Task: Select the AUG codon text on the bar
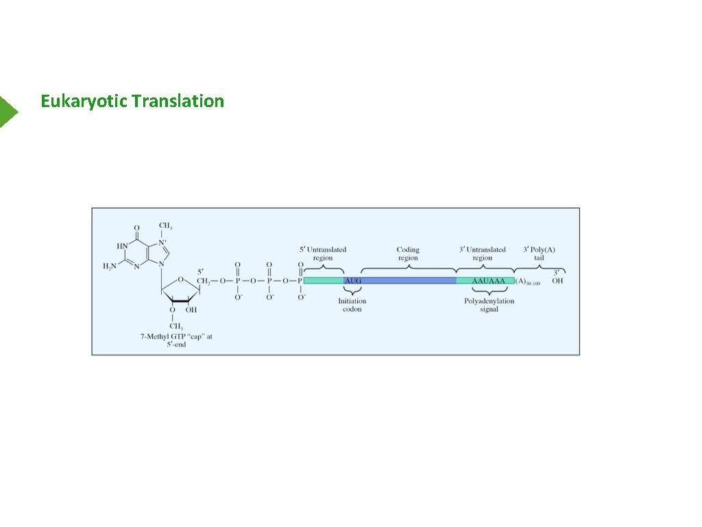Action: coord(352,281)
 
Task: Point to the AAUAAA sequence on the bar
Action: coord(489,281)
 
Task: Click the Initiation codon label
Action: coord(352,305)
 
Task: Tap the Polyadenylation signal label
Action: coord(489,305)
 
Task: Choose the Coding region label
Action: coord(408,254)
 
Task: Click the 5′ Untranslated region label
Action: coord(323,254)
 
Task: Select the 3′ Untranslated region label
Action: coord(482,254)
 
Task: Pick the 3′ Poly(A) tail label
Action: coord(539,254)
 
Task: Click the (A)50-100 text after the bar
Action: coord(527,281)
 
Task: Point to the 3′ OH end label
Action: coord(557,277)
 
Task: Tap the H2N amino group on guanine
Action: coord(110,266)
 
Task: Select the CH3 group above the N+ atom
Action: coord(165,226)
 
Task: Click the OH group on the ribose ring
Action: coord(191,309)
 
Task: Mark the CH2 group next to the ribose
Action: coord(204,281)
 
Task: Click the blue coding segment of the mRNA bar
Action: coord(409,281)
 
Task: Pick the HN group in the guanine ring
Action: coord(121,246)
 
